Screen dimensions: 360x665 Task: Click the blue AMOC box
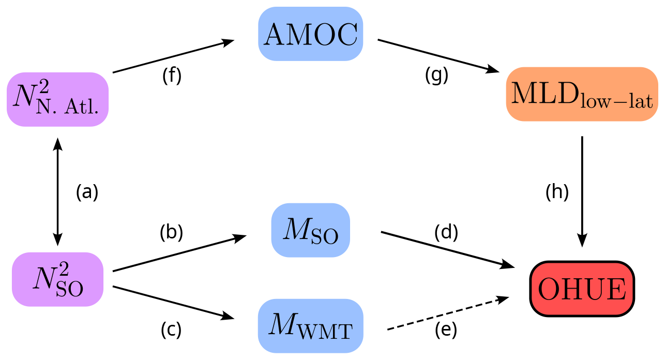point(310,34)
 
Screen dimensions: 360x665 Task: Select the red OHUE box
point(582,289)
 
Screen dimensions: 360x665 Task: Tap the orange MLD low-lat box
point(582,94)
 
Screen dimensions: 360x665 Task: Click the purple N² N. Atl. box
point(57,99)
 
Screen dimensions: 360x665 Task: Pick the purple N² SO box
point(57,279)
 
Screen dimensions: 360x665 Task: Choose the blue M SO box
point(310,230)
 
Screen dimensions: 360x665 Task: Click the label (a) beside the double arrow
point(87,192)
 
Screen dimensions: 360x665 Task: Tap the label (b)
point(172,233)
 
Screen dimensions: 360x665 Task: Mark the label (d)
point(446,233)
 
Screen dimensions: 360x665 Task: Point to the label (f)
point(172,76)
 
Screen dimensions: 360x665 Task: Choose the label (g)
point(436,76)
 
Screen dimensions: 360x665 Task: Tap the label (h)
point(557,192)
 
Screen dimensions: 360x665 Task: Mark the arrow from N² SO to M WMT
point(171,302)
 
